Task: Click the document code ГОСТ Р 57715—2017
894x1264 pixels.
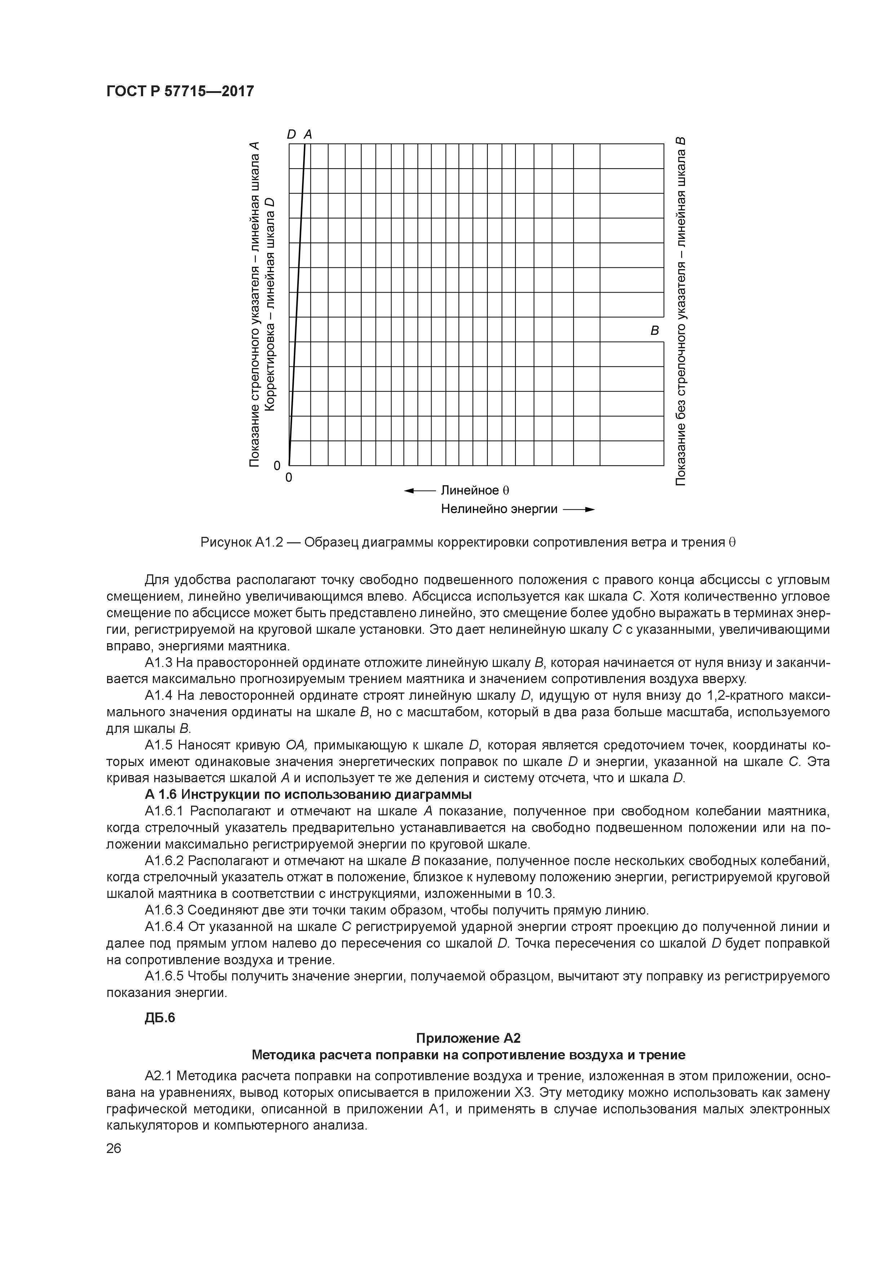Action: (x=180, y=91)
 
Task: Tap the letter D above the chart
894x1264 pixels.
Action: (x=291, y=134)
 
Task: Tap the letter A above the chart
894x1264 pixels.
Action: (x=308, y=134)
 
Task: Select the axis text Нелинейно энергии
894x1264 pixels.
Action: (x=499, y=509)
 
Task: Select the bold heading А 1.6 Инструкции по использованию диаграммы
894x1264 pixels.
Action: (x=308, y=795)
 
